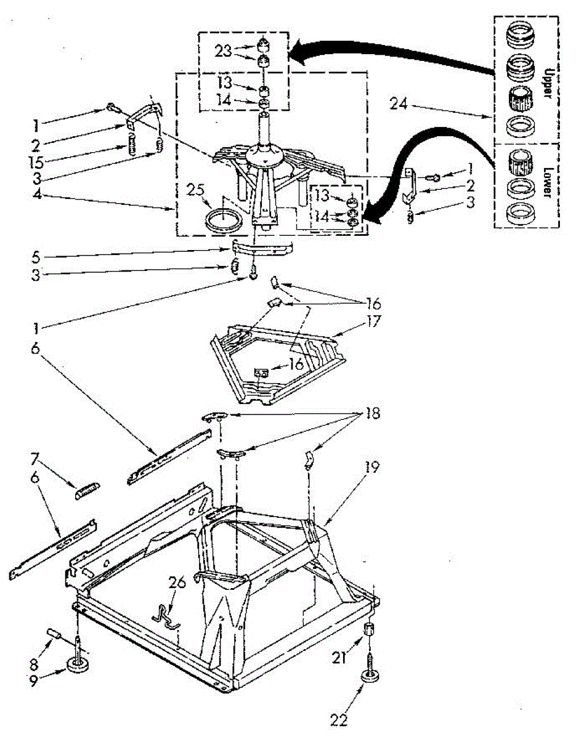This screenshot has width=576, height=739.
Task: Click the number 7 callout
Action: pos(35,458)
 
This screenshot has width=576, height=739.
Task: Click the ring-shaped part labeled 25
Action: pos(224,219)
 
